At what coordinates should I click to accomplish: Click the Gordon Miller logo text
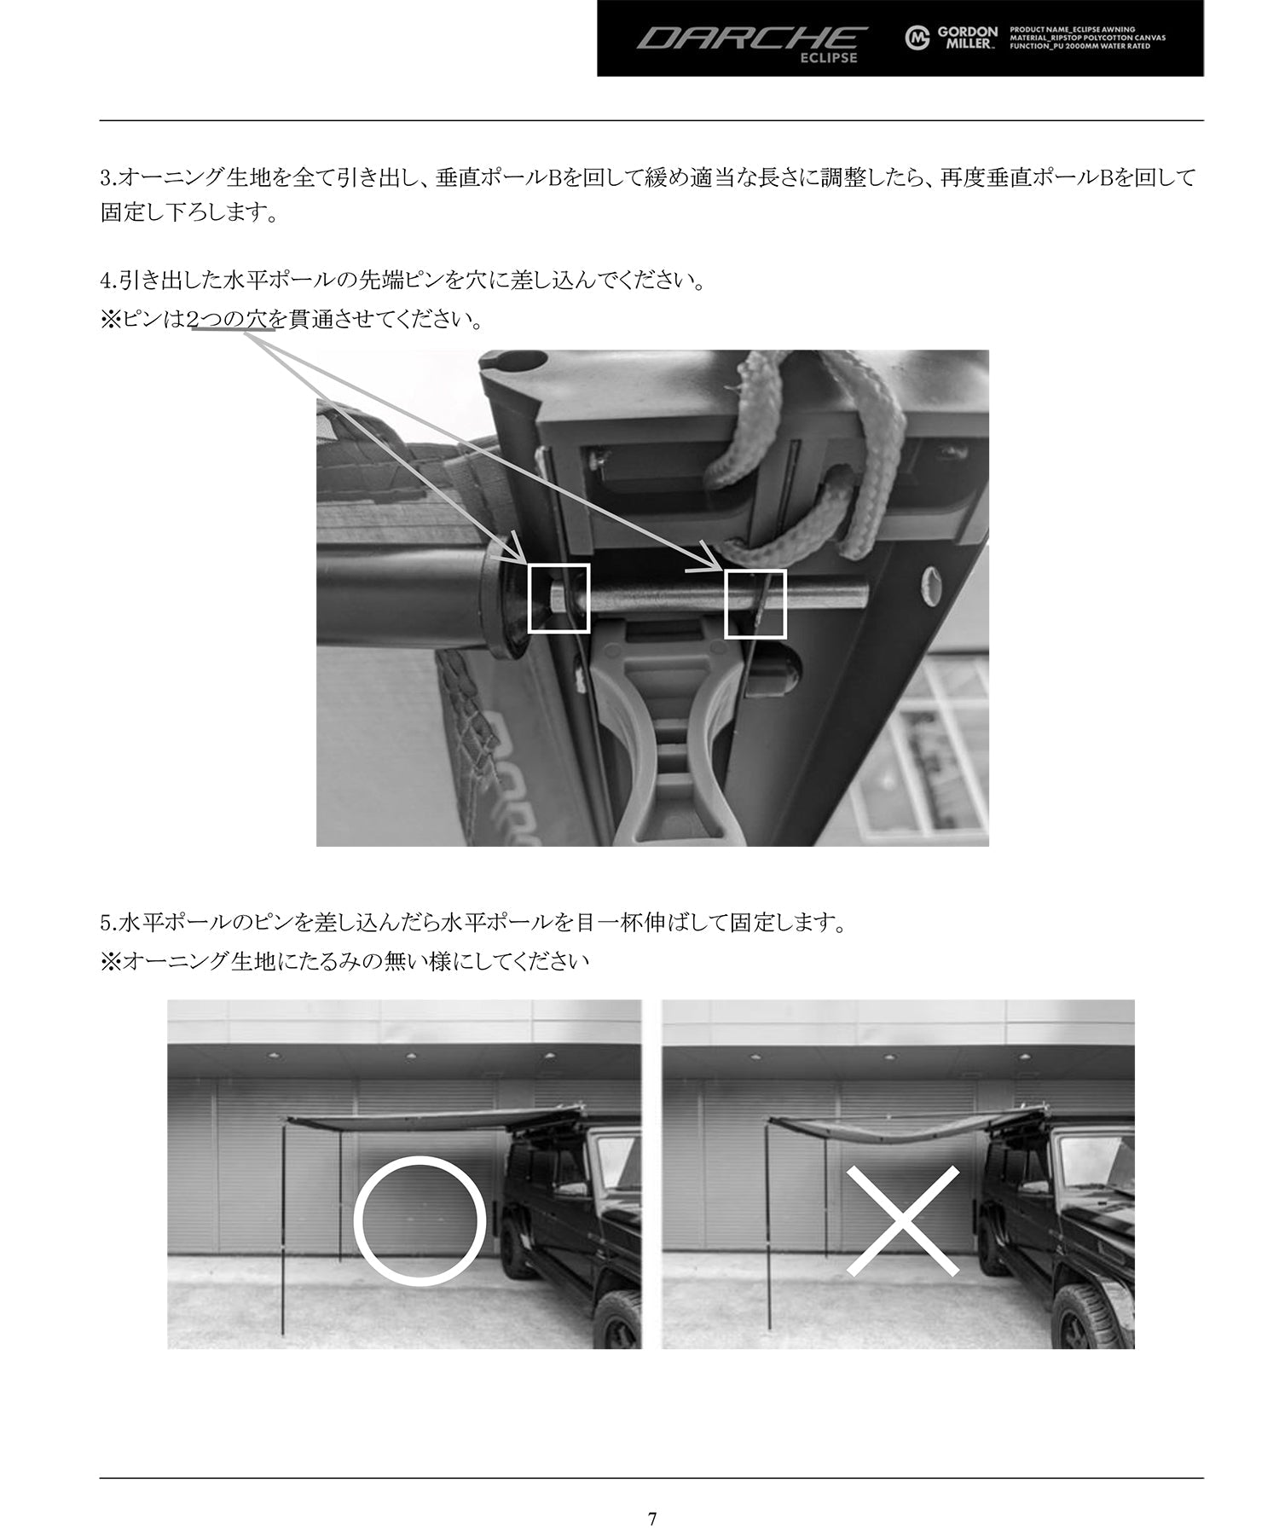pyautogui.click(x=967, y=38)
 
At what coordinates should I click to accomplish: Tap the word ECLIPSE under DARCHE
pyautogui.click(x=828, y=59)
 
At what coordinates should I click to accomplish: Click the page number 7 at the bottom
pyautogui.click(x=651, y=1496)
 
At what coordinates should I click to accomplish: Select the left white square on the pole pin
pyautogui.click(x=558, y=598)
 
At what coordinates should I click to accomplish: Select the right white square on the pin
pyautogui.click(x=755, y=603)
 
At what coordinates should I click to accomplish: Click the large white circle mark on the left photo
pyautogui.click(x=420, y=1220)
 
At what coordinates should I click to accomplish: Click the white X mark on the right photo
pyautogui.click(x=902, y=1220)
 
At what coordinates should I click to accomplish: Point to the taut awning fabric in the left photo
pyautogui.click(x=426, y=1121)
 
